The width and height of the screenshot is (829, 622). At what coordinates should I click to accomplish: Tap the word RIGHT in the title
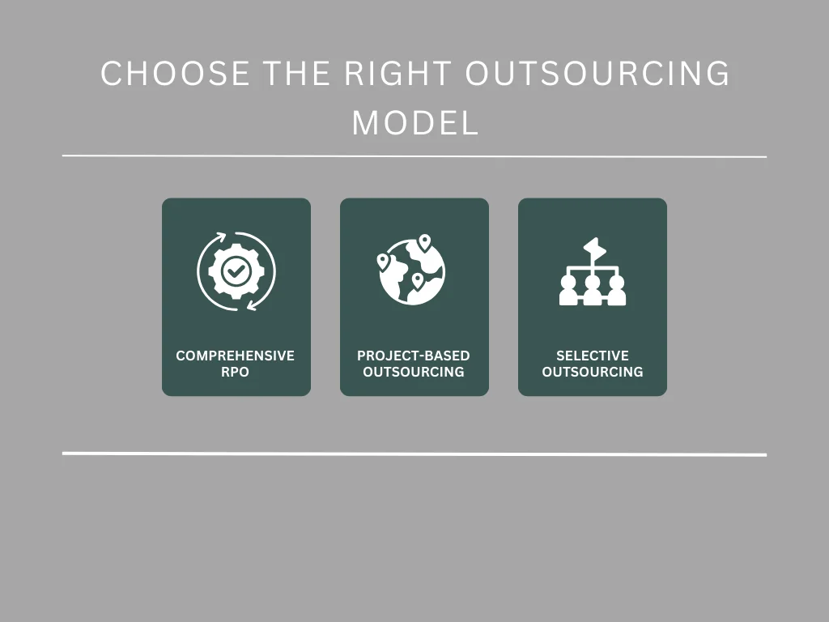coord(397,75)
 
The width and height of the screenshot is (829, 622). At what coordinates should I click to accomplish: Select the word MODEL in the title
coord(414,123)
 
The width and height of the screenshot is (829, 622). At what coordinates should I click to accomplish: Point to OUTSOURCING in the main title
coord(597,75)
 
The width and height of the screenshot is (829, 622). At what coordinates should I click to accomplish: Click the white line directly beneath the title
coord(414,156)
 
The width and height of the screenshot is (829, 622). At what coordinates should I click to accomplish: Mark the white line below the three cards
coord(414,454)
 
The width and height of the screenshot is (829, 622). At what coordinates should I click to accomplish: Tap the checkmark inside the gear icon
coord(236,271)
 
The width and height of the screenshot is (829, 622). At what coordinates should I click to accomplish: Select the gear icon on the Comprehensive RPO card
coord(236,271)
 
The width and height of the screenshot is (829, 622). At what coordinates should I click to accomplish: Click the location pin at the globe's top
coord(424,242)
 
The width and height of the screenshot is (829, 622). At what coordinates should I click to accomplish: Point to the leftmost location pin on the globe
coord(383,262)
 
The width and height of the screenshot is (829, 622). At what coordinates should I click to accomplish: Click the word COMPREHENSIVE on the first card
coord(236,356)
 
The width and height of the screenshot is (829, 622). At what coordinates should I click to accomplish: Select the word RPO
coord(236,372)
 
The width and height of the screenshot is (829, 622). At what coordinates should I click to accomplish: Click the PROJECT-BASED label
coord(414,356)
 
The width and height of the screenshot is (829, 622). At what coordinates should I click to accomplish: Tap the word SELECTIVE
coord(593,356)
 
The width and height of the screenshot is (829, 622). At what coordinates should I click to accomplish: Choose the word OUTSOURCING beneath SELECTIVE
coord(593,372)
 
